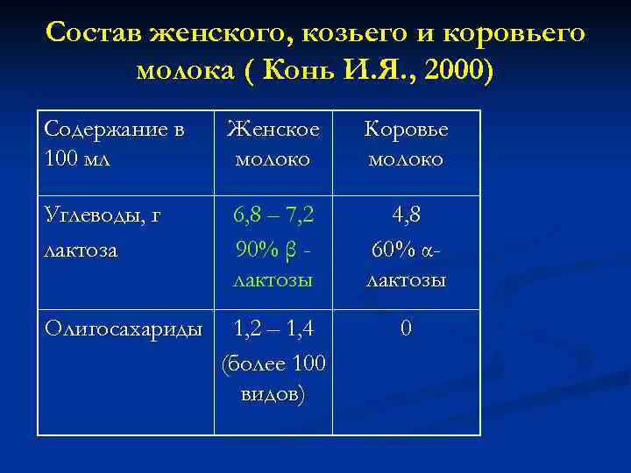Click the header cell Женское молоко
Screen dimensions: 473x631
point(273,145)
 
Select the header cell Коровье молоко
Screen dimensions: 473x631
point(407,145)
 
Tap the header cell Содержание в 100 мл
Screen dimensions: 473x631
point(114,145)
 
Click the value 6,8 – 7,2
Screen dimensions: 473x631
point(273,213)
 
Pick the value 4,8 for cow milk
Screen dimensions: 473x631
point(406,213)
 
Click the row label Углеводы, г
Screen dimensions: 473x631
point(103,213)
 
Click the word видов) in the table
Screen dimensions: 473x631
point(273,393)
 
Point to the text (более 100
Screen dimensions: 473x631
point(273,361)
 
